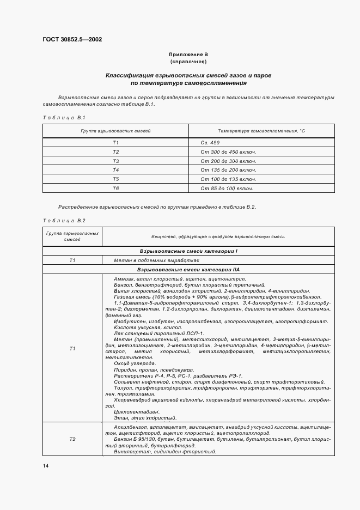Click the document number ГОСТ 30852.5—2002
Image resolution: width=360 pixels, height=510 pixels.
tap(72, 39)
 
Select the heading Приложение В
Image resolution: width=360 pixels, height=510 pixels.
tap(188, 55)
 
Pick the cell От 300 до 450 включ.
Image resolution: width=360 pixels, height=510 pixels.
tap(228, 151)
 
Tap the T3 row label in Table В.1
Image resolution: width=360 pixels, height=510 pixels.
tap(115, 161)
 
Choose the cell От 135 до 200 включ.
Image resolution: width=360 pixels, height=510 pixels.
tap(228, 170)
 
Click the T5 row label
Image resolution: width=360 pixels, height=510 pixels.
tap(115, 179)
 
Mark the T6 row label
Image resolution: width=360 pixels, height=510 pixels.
tap(115, 189)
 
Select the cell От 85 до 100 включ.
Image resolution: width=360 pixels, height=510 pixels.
tap(227, 189)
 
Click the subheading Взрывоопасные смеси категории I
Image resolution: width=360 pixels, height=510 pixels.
tap(188, 251)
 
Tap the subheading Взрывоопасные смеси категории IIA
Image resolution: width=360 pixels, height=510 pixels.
tap(188, 270)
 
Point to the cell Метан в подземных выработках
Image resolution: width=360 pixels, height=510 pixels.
tap(153, 260)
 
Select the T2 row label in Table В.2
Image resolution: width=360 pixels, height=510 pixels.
tap(72, 439)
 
